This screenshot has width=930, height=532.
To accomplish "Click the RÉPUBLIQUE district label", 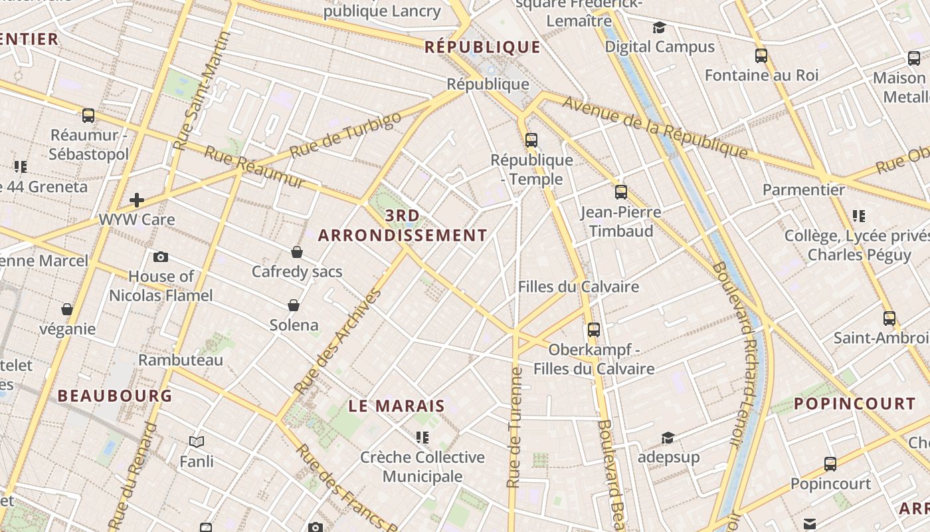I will point(482,47).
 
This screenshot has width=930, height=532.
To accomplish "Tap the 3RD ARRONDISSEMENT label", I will point(403,225).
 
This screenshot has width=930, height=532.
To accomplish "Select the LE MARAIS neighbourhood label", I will point(397,406).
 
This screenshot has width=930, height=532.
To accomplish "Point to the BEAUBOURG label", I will point(115,396).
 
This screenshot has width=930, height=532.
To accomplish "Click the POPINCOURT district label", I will point(854,404).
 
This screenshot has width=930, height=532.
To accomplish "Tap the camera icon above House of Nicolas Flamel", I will point(160,257).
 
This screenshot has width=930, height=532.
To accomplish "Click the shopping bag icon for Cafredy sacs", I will point(297,252).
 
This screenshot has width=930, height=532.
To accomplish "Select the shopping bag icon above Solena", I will point(294,305).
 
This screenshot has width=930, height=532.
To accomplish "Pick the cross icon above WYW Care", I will point(137,199).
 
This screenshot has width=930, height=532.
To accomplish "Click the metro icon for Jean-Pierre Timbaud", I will point(621,192).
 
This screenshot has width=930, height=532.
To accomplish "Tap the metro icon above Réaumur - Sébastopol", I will point(88,116).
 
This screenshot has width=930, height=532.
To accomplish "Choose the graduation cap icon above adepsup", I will point(668,438).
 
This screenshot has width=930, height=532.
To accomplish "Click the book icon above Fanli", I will point(197,442).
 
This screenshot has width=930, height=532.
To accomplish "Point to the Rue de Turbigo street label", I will point(345,136).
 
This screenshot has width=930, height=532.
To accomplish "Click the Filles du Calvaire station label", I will point(578,287).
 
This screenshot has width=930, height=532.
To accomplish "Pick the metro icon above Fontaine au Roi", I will point(761,56).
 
